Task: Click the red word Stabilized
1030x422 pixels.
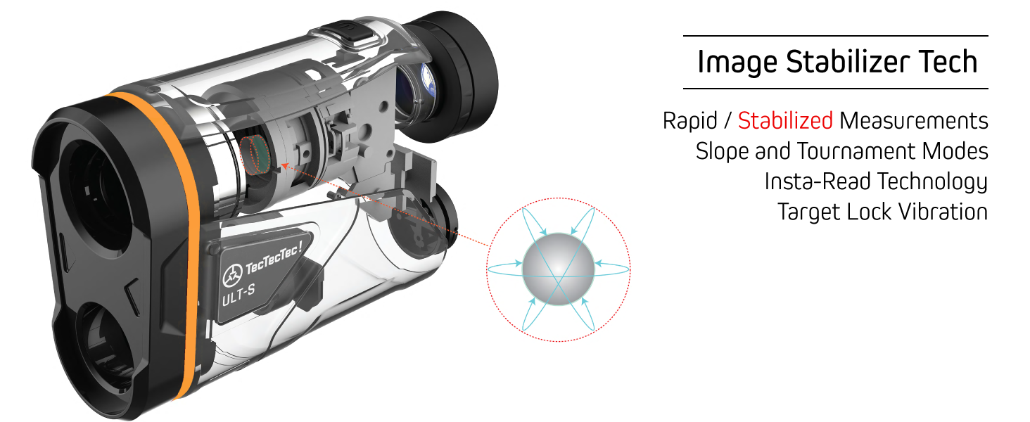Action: click(x=785, y=121)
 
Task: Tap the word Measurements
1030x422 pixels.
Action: click(x=914, y=121)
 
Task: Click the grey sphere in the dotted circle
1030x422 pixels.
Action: click(x=559, y=269)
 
